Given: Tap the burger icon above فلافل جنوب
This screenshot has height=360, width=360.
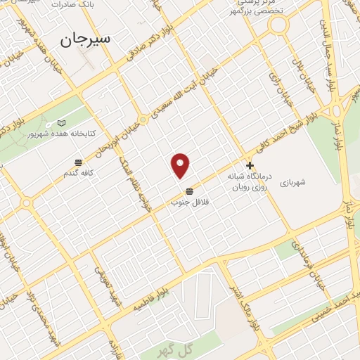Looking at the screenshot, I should (x=189, y=192).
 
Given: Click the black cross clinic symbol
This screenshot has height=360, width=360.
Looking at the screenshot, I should (x=250, y=165).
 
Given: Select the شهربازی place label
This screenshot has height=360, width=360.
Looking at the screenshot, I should (x=292, y=182).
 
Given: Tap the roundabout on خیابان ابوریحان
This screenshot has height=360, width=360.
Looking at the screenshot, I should (x=143, y=120).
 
